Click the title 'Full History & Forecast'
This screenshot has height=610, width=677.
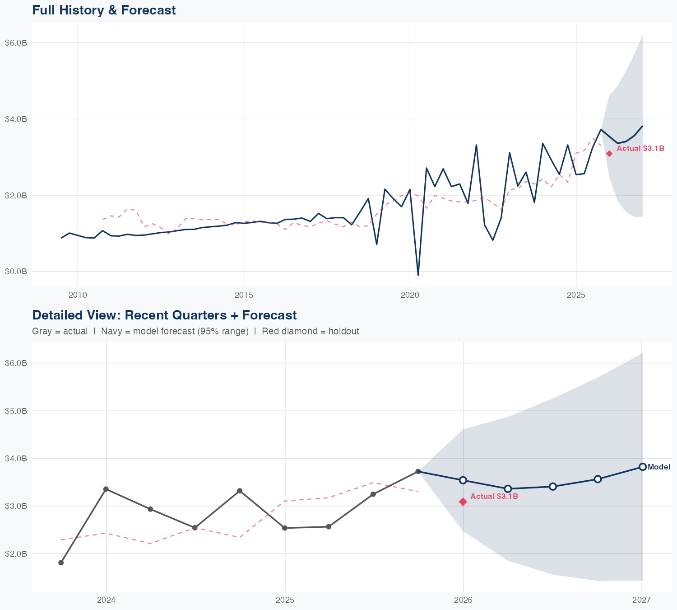[x=104, y=10]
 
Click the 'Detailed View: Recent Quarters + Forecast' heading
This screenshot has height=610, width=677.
[x=164, y=315]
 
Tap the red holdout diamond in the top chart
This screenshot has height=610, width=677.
[x=609, y=154]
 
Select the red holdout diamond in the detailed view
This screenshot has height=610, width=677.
[x=463, y=502]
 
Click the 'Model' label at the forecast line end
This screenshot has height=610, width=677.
[x=659, y=467]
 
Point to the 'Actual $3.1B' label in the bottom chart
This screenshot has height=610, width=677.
[x=494, y=496]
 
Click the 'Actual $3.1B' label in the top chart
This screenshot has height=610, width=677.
[x=640, y=148]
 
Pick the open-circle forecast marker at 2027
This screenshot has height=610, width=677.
[x=642, y=467]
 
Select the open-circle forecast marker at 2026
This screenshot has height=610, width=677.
[x=463, y=480]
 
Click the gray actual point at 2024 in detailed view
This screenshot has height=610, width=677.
[x=106, y=489]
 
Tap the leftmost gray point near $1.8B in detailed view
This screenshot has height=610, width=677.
[x=61, y=563]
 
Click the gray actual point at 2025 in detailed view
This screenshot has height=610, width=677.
[x=285, y=528]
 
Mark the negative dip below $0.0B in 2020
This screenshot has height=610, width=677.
[x=418, y=274]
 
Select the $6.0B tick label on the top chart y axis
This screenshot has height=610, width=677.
[x=16, y=43]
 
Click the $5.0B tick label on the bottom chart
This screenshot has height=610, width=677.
[x=16, y=411]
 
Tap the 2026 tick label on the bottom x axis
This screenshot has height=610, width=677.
[x=463, y=600]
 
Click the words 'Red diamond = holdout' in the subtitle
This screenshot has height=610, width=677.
[x=310, y=331]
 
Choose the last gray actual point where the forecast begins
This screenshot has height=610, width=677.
[x=418, y=471]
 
